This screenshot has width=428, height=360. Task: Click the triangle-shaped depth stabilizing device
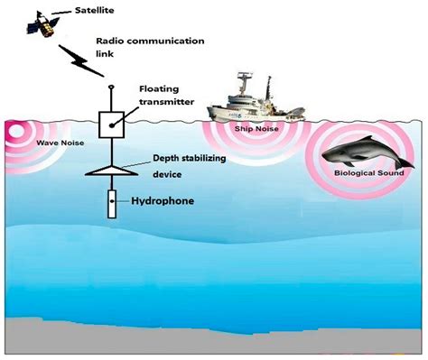[110, 168]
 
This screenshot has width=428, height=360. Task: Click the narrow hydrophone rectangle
[111, 203]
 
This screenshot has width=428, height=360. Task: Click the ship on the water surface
[248, 103]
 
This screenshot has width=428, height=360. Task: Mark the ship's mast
[243, 81]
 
